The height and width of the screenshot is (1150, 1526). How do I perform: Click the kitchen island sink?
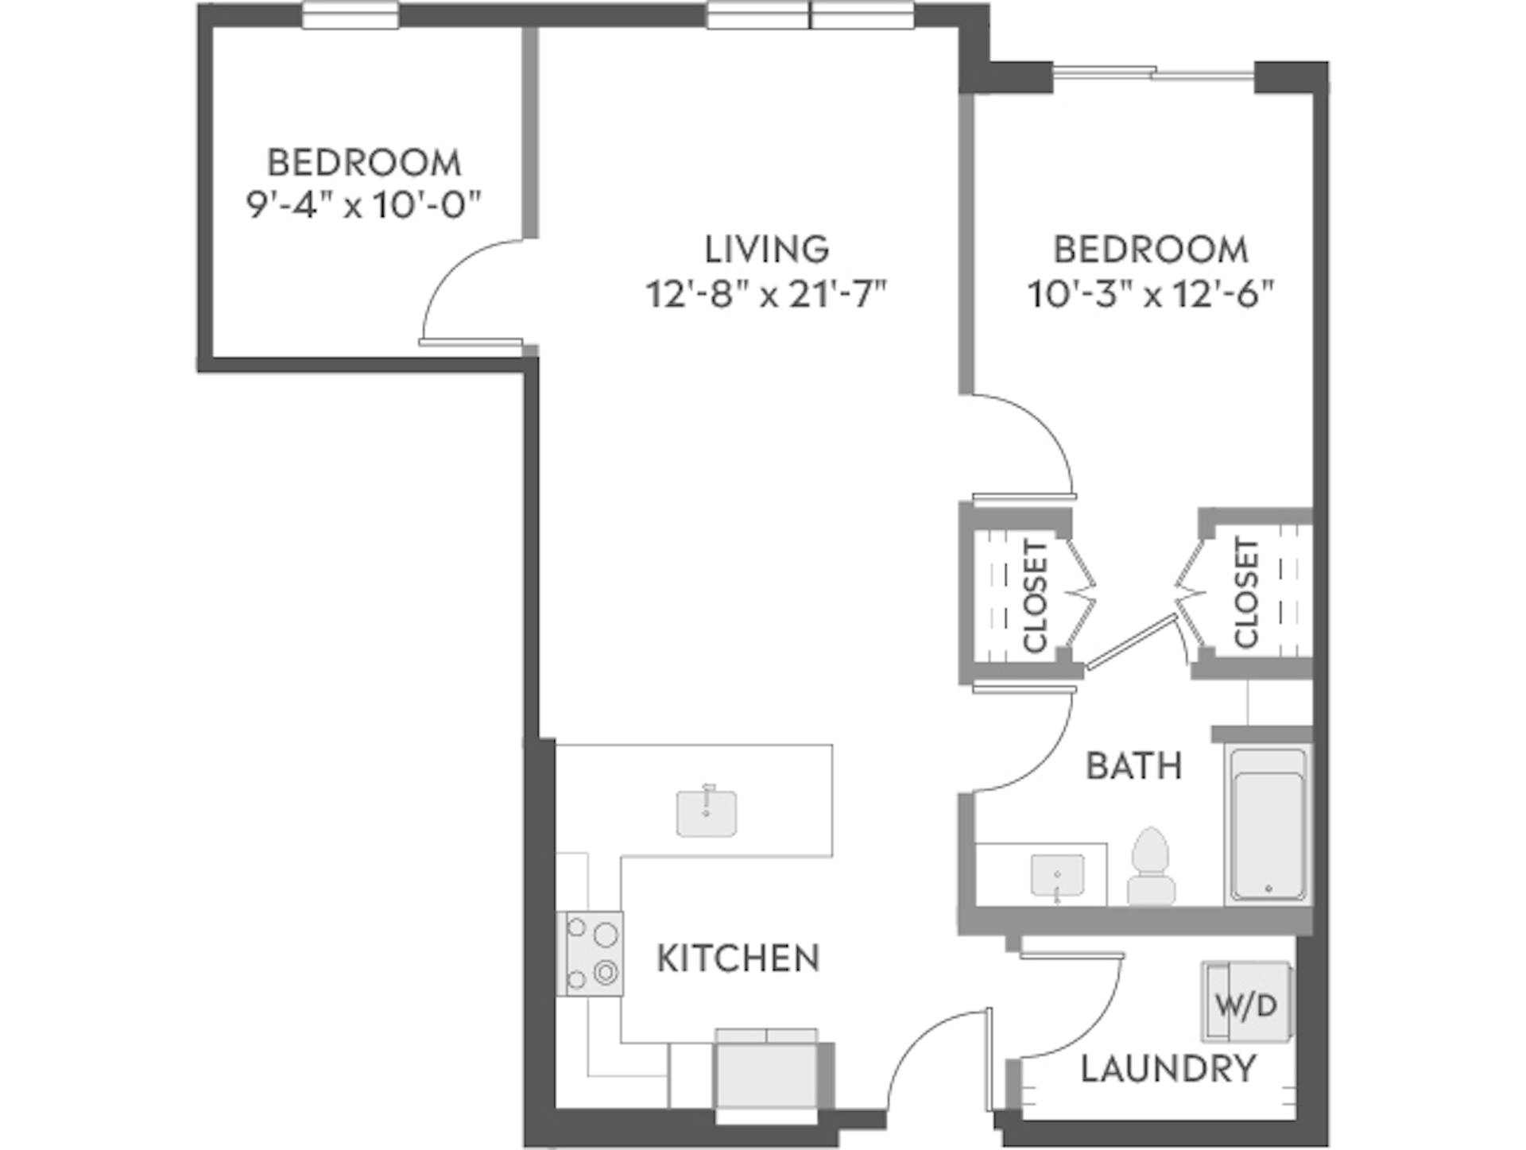tap(706, 811)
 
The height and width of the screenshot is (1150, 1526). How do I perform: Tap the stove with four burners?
tap(594, 953)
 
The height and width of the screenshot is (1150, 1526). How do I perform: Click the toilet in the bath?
tap(1151, 868)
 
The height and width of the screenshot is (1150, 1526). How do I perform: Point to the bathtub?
tap(1268, 824)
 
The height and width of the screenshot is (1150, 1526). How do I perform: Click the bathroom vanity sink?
tap(1056, 877)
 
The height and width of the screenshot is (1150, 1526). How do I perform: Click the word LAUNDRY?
tap(1168, 1069)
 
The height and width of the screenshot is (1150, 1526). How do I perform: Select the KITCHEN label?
tap(738, 958)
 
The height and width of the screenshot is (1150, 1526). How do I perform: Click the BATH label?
tap(1133, 766)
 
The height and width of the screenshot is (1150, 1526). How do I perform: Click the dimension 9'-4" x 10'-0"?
tap(364, 206)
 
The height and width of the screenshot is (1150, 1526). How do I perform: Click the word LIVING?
tap(767, 250)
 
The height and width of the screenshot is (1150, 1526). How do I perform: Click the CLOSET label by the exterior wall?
tap(1246, 593)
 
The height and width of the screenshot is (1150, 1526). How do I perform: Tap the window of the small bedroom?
tap(351, 15)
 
